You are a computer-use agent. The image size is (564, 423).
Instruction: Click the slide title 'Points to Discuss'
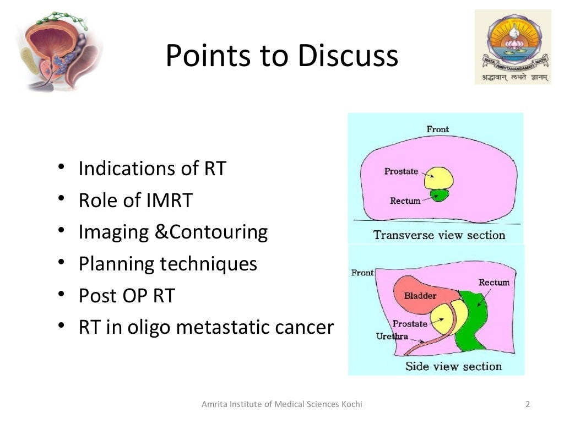pos(281,56)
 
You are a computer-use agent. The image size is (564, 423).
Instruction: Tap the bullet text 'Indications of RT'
pos(152,169)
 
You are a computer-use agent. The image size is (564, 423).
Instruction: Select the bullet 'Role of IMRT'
pos(135,200)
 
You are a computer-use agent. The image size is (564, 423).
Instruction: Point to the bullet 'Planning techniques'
pos(168,264)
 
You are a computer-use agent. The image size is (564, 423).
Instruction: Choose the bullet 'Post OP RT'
pos(127,296)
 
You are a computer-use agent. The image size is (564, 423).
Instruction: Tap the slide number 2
pos(528,405)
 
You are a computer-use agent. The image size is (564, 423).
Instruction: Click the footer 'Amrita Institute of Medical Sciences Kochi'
pos(282,405)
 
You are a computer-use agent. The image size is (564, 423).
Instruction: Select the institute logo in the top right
pos(512,48)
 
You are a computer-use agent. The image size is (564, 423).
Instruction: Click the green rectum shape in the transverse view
pos(440,195)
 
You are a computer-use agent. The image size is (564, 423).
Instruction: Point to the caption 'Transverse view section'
pos(438,235)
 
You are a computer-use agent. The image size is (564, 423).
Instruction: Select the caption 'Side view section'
pos(453,366)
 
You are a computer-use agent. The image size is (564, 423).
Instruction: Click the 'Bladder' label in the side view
pos(420,296)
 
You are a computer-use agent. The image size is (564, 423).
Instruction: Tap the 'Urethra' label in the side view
pos(392,336)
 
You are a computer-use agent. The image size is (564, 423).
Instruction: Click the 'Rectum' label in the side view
pos(493,283)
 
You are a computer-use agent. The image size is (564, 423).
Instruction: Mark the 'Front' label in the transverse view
pos(437,129)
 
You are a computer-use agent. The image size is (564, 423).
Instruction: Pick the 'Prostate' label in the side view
pos(409,324)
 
